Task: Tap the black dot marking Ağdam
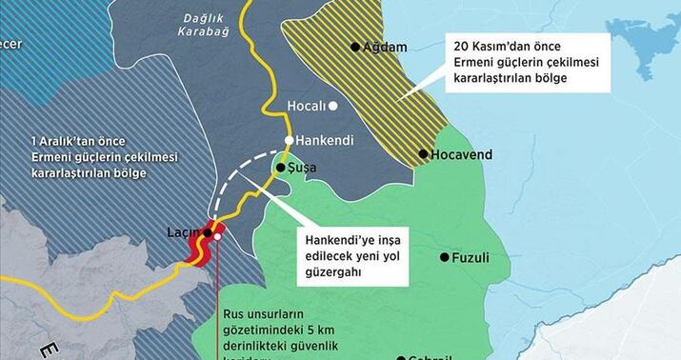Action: click(355, 46)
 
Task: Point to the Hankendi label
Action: click(325, 140)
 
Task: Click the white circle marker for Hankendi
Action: click(290, 140)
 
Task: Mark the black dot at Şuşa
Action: click(280, 168)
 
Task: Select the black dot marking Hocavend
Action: click(423, 153)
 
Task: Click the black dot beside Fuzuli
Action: click(444, 257)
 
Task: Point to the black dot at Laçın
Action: click(207, 232)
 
